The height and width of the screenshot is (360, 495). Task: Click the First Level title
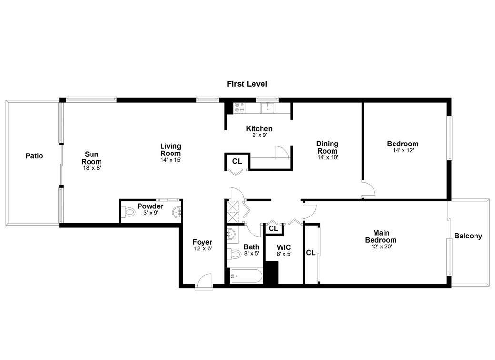point(247,84)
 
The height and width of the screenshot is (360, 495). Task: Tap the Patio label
point(34,156)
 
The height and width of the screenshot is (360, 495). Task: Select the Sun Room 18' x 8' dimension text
point(91,168)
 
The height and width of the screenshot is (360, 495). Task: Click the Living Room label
point(171,150)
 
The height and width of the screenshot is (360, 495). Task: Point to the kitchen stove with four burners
point(239,108)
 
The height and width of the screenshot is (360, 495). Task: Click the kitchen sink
point(268,107)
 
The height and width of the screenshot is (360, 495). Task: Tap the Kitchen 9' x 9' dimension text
point(259,135)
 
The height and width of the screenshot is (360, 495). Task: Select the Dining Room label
point(327,147)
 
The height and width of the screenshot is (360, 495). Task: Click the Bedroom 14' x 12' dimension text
point(403,151)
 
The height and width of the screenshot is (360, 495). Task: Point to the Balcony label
point(468,236)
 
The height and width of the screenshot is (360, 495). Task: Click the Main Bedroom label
point(381,237)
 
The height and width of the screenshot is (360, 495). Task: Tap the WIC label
point(284,247)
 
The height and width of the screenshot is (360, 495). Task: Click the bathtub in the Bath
point(246,276)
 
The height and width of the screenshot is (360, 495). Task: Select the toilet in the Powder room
point(129,212)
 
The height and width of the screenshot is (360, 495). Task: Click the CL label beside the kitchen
point(237,161)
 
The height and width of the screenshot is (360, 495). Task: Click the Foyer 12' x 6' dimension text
point(202,249)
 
